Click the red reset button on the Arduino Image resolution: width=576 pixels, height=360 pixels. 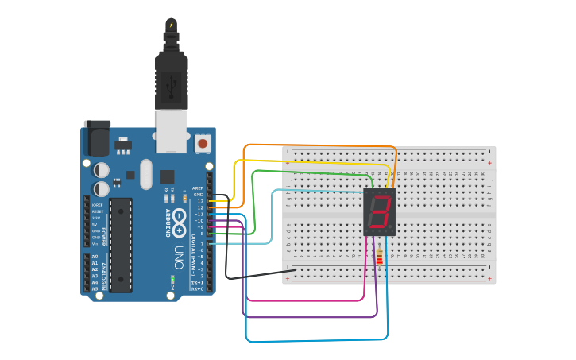pos(203,144)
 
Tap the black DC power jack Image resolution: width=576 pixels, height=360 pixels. pos(97,138)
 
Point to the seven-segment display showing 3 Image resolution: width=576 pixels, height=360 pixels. pos(380,212)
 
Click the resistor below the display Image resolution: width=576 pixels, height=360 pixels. pos(379,257)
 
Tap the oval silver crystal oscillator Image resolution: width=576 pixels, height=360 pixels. pos(145,174)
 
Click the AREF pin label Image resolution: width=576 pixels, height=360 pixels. pos(198,188)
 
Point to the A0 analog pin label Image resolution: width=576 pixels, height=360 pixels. pos(95,257)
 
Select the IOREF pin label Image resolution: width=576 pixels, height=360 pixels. pos(96,205)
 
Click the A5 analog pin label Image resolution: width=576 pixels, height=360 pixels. pos(95,288)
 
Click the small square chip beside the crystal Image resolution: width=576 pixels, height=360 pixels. pos(167,176)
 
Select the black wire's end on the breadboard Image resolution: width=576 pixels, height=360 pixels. pos(295,269)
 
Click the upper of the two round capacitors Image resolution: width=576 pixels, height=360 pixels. pos(102,170)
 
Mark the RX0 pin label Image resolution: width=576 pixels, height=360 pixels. pos(198,289)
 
